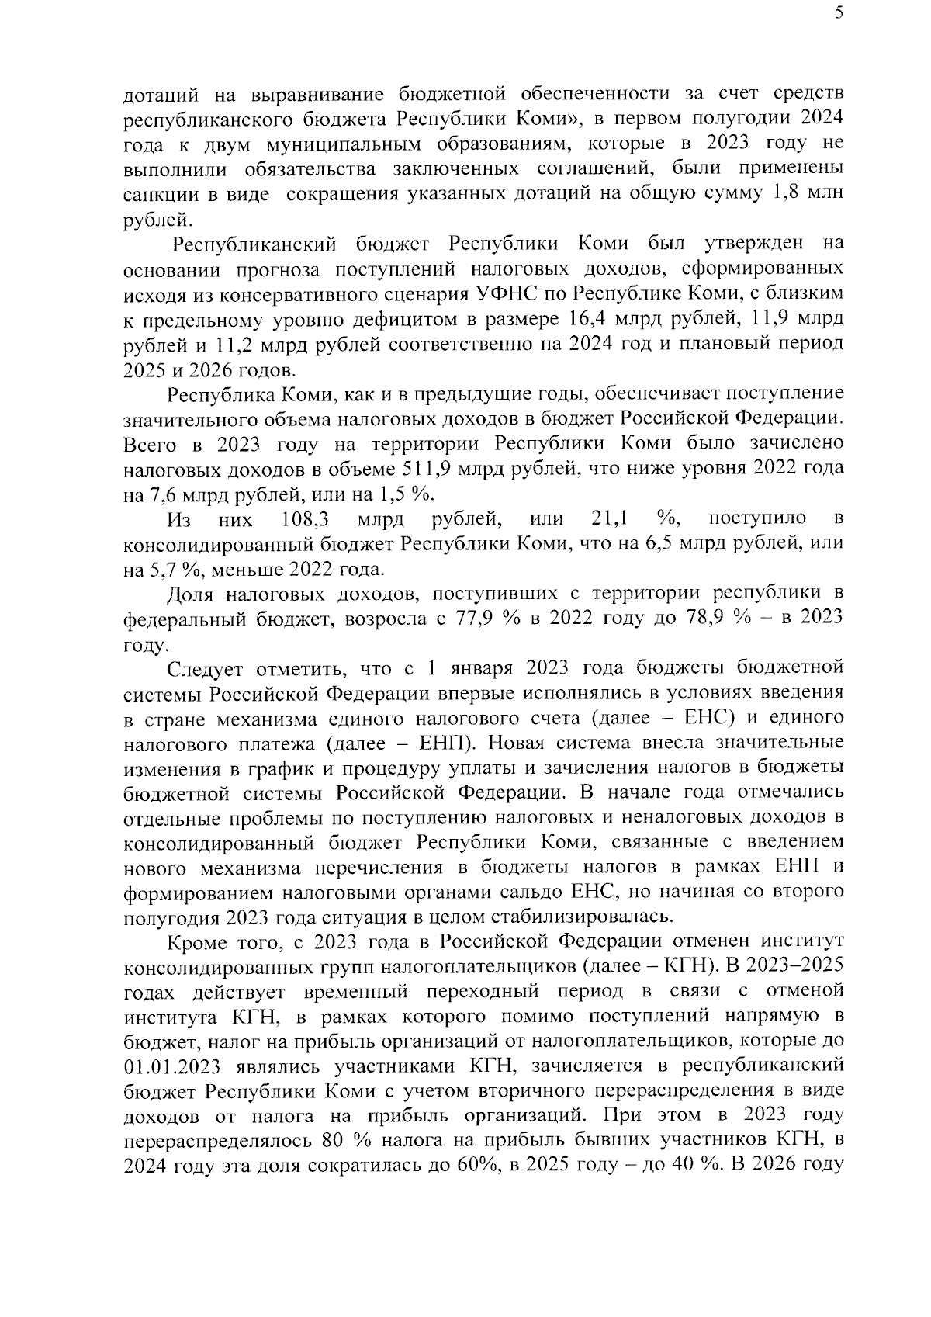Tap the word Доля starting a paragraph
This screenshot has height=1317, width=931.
(x=191, y=594)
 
